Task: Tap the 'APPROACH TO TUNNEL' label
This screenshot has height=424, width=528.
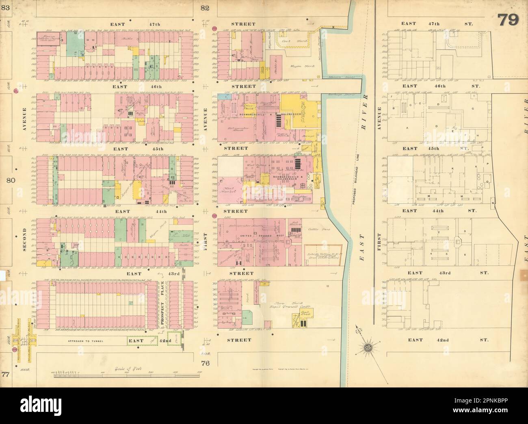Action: coord(82,342)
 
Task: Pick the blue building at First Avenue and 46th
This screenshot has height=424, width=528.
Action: coord(223,97)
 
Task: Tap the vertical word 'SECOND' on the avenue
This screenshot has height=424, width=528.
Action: coord(25,241)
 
